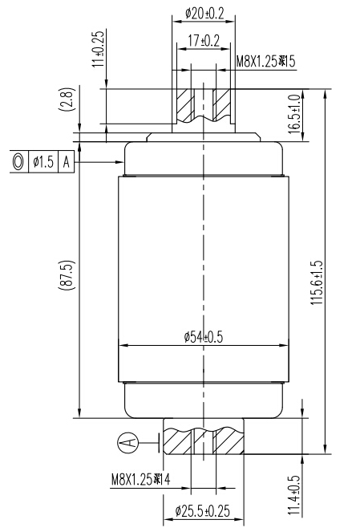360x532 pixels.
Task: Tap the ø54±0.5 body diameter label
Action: coord(203,336)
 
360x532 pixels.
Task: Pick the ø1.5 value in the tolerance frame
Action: coord(43,161)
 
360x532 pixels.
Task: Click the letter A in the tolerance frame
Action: coord(67,161)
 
